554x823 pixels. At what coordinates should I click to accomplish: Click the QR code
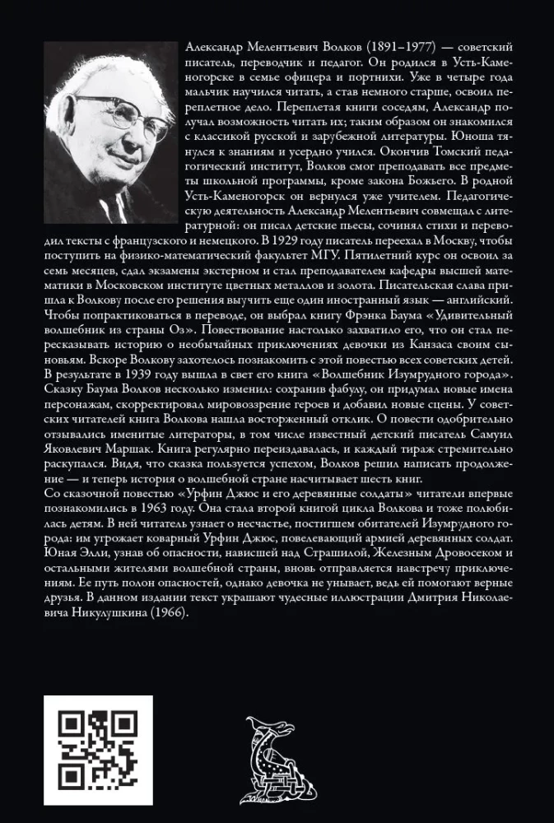[x=98, y=751]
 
